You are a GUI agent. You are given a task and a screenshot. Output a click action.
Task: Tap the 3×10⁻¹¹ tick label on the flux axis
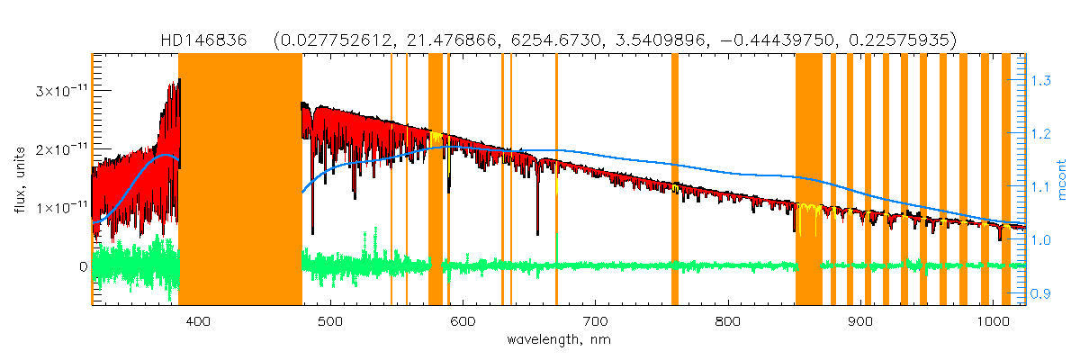click(60, 91)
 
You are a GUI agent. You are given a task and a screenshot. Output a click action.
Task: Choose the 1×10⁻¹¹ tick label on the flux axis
click(60, 208)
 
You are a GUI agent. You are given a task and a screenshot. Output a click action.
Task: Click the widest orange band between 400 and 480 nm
click(240, 180)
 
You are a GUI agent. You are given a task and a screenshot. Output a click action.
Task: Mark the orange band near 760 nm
click(675, 180)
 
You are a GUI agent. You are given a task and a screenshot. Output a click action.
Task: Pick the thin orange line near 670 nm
click(556, 180)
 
